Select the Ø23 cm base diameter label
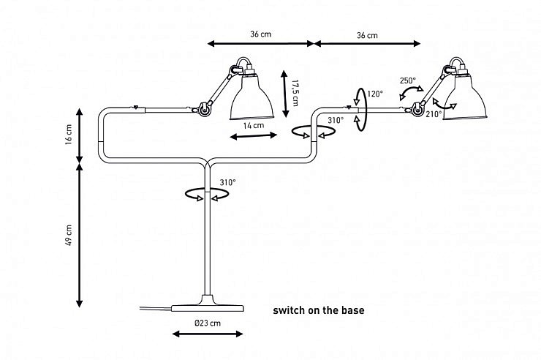208,323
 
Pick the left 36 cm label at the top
261,35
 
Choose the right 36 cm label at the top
367,35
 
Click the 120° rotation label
375,94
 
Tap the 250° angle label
408,80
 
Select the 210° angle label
434,114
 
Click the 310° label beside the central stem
227,182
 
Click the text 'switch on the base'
319,310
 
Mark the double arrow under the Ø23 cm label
208,334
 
